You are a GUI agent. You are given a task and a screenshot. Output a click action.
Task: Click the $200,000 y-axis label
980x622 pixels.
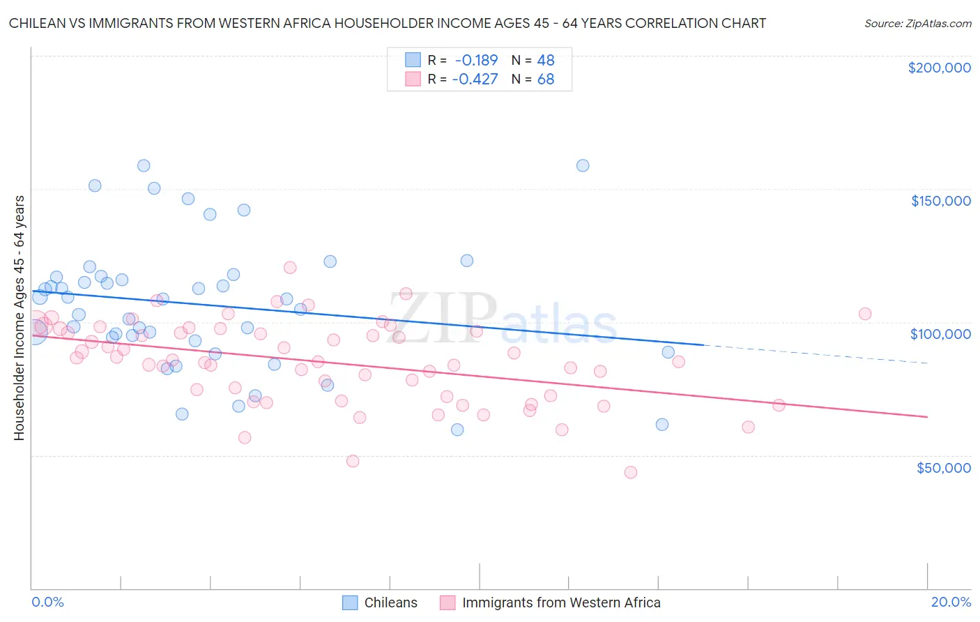pyautogui.click(x=939, y=68)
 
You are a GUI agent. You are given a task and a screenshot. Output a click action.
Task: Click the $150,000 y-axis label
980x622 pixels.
pyautogui.click(x=940, y=201)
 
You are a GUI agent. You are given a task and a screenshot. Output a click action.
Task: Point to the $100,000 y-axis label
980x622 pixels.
pyautogui.click(x=940, y=334)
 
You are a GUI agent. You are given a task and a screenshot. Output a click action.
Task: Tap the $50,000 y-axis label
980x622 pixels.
pyautogui.click(x=943, y=468)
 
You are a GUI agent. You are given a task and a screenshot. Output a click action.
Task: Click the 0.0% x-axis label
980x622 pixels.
pyautogui.click(x=47, y=602)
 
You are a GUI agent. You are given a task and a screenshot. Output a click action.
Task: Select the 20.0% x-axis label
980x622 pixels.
pyautogui.click(x=951, y=602)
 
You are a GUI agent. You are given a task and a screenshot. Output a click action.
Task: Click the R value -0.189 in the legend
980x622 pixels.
pyautogui.click(x=476, y=60)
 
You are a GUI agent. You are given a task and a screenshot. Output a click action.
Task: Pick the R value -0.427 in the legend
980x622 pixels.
pyautogui.click(x=475, y=79)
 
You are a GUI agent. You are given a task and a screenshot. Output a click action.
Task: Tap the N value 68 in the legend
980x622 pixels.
pyautogui.click(x=546, y=79)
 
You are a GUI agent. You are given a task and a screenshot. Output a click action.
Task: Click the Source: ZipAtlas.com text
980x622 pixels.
pyautogui.click(x=917, y=23)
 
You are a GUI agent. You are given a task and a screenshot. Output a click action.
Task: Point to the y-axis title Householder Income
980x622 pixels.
pyautogui.click(x=19, y=317)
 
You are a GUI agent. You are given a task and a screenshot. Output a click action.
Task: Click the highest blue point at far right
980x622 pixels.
pyautogui.click(x=583, y=165)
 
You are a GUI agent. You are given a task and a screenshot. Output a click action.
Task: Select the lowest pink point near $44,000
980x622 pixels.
pyautogui.click(x=631, y=472)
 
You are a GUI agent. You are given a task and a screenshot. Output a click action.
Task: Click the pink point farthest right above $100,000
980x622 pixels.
pyautogui.click(x=865, y=314)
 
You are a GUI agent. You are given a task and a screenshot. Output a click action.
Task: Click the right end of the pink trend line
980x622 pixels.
pyautogui.click(x=926, y=416)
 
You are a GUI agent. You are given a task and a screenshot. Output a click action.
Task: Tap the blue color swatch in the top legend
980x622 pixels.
pyautogui.click(x=413, y=60)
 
